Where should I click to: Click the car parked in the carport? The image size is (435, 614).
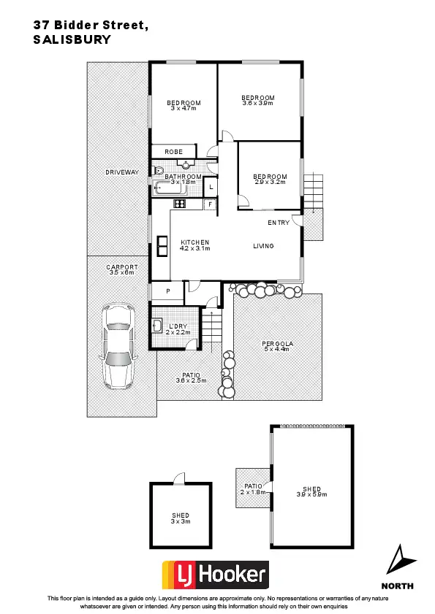tap(119, 345)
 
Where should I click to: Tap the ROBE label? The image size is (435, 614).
tap(173, 151)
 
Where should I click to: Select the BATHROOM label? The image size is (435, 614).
tap(182, 177)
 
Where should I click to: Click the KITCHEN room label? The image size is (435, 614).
tap(194, 242)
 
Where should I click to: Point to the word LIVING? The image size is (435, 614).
tap(263, 246)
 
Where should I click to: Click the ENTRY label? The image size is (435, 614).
tap(279, 223)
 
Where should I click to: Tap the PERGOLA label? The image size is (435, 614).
tap(276, 343)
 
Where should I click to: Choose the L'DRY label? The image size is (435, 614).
tap(179, 326)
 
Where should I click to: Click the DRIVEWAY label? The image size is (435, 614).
tap(121, 172)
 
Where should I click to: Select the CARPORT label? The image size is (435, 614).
tap(121, 267)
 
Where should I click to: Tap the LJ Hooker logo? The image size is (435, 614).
tap(214, 575)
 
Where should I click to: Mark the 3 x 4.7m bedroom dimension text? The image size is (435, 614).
tap(184, 108)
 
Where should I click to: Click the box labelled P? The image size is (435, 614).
tap(167, 291)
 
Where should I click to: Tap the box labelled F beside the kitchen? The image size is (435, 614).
tap(210, 204)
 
